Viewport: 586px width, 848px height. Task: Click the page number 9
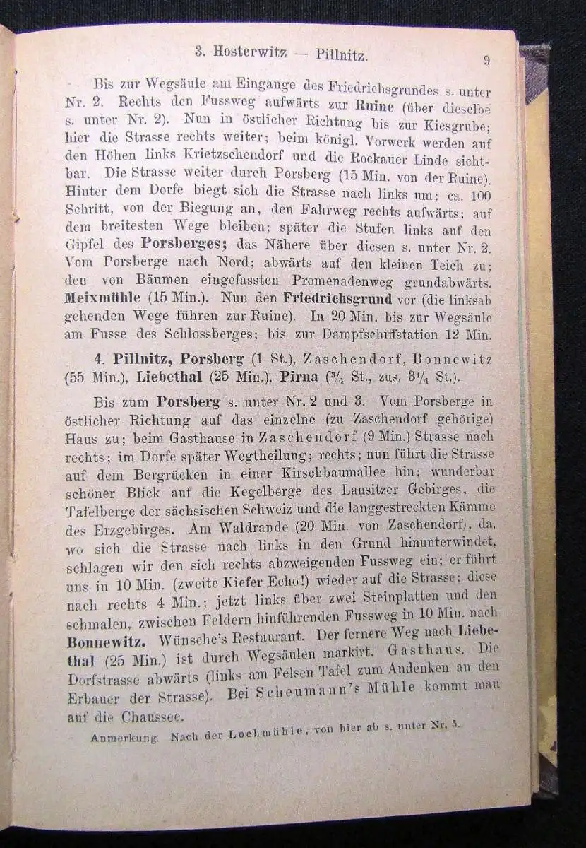(486, 60)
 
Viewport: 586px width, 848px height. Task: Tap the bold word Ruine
(374, 108)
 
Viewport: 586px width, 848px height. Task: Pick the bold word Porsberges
(184, 243)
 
